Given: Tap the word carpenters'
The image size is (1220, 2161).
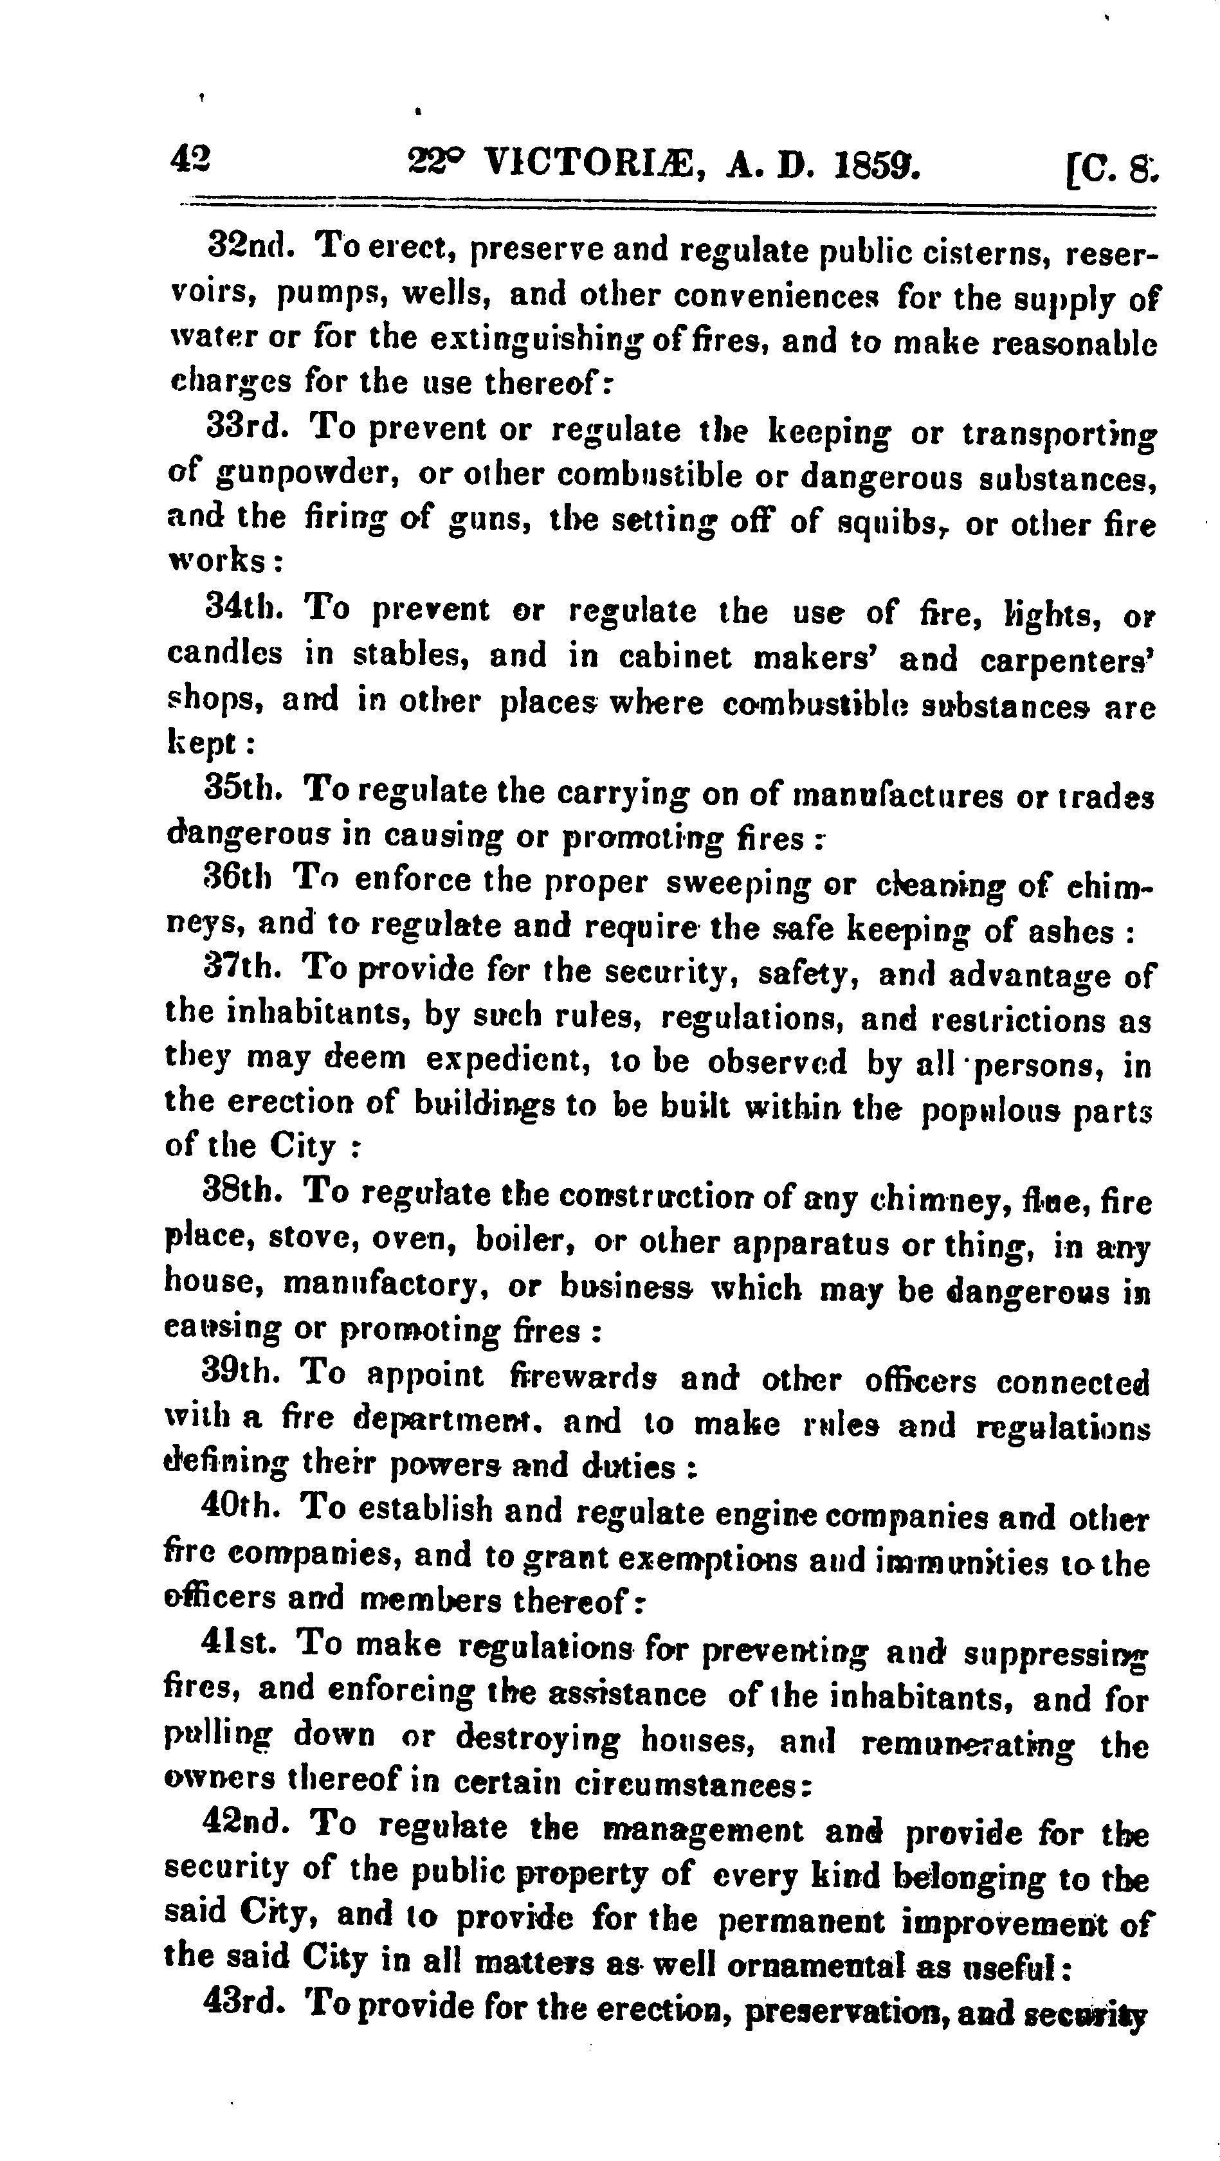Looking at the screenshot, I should [1068, 660].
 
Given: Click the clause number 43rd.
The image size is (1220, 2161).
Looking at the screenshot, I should [245, 2005].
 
